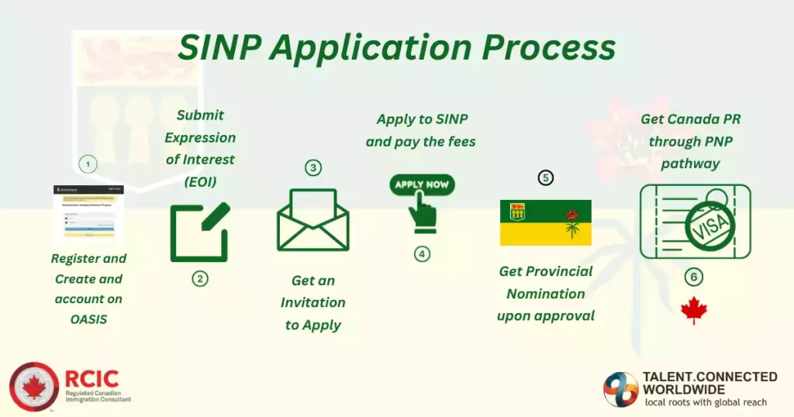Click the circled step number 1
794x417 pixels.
(88, 164)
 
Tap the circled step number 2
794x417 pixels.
(200, 278)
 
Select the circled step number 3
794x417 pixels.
(312, 168)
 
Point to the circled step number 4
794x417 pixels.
(422, 253)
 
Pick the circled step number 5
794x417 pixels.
(546, 178)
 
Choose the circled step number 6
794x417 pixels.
(694, 277)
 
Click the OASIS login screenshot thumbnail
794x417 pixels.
(88, 213)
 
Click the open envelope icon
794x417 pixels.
(312, 220)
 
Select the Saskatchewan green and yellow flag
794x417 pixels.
(546, 222)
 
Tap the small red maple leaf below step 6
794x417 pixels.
(694, 311)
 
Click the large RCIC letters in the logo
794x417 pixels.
(92, 378)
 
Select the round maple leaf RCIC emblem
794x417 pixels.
(34, 387)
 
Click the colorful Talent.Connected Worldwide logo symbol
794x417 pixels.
(621, 389)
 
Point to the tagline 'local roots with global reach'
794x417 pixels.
(706, 402)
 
